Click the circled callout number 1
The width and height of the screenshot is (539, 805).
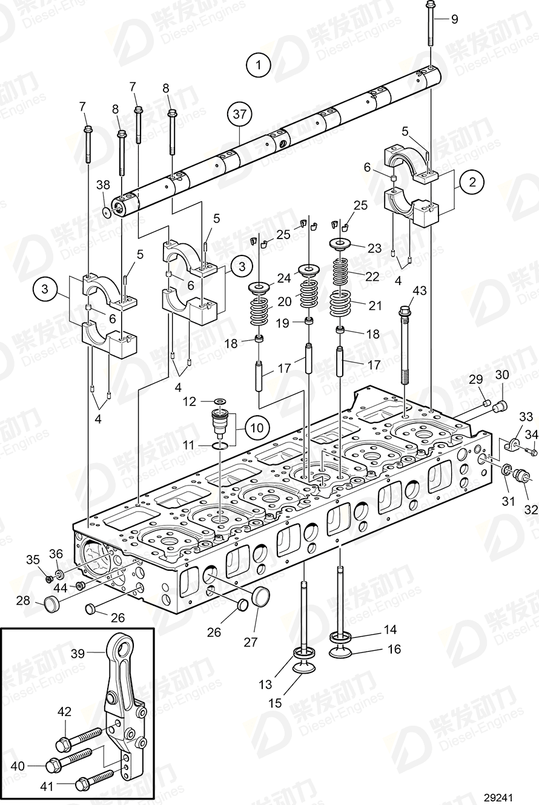click(259, 65)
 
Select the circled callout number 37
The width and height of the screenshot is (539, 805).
click(240, 114)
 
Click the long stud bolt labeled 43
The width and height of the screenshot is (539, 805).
click(405, 345)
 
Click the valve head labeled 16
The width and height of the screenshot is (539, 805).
click(340, 652)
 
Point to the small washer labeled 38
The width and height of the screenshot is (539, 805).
click(107, 212)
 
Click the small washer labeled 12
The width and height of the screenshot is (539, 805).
click(220, 401)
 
